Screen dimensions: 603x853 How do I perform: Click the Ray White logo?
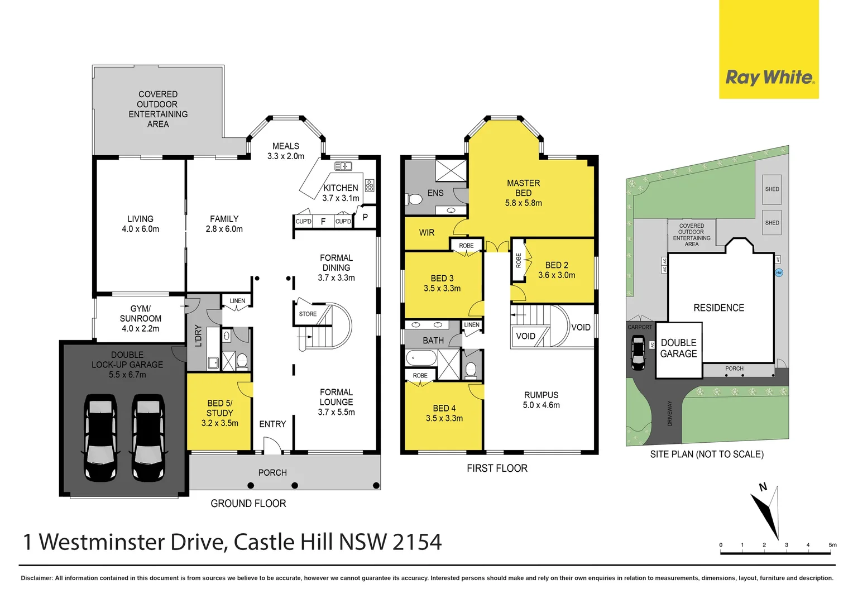pyautogui.click(x=769, y=78)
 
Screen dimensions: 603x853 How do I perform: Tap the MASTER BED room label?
pyautogui.click(x=523, y=193)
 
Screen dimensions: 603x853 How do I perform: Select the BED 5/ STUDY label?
pyautogui.click(x=219, y=413)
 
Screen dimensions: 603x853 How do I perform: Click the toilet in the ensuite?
pyautogui.click(x=415, y=199)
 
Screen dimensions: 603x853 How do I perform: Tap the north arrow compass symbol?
pyautogui.click(x=767, y=511)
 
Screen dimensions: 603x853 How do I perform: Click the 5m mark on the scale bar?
pyautogui.click(x=832, y=545)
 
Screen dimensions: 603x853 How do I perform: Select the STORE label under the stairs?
pyautogui.click(x=308, y=314)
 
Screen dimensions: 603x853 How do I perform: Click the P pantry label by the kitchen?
pyautogui.click(x=365, y=217)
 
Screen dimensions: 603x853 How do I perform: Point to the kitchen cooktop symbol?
pyautogui.click(x=370, y=185)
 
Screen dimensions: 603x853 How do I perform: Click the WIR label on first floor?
pyautogui.click(x=426, y=233)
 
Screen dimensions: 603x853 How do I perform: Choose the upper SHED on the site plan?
pyautogui.click(x=772, y=189)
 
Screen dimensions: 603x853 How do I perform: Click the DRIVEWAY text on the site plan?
pyautogui.click(x=670, y=413)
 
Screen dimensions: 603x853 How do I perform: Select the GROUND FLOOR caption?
pyautogui.click(x=248, y=504)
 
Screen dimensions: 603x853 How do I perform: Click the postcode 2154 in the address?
pyautogui.click(x=416, y=542)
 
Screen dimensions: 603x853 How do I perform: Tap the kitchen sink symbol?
pyautogui.click(x=343, y=166)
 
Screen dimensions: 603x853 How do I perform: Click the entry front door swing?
pyautogui.click(x=272, y=445)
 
